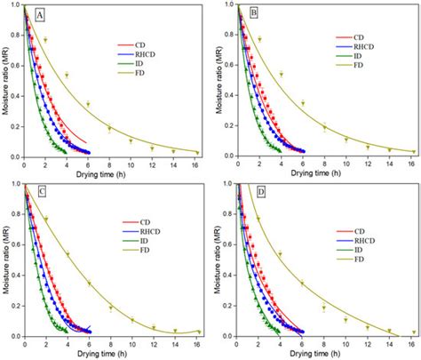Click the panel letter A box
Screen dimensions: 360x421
(x=41, y=15)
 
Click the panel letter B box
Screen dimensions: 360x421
(x=253, y=15)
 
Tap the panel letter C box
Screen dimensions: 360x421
(x=41, y=195)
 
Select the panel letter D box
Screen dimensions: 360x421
(x=253, y=195)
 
